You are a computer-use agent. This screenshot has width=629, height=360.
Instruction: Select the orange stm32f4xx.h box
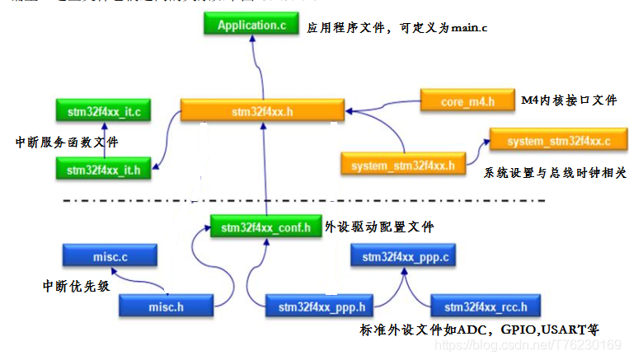coord(262,111)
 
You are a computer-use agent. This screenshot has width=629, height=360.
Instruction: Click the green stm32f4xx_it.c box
coord(103,110)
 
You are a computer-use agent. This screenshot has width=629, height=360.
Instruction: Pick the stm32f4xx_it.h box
coord(103,170)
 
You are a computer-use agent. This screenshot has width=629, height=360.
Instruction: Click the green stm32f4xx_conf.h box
coord(260,227)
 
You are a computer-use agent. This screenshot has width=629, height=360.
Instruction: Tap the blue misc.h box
coord(166,306)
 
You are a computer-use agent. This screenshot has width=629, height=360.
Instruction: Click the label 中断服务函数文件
coord(67,142)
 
